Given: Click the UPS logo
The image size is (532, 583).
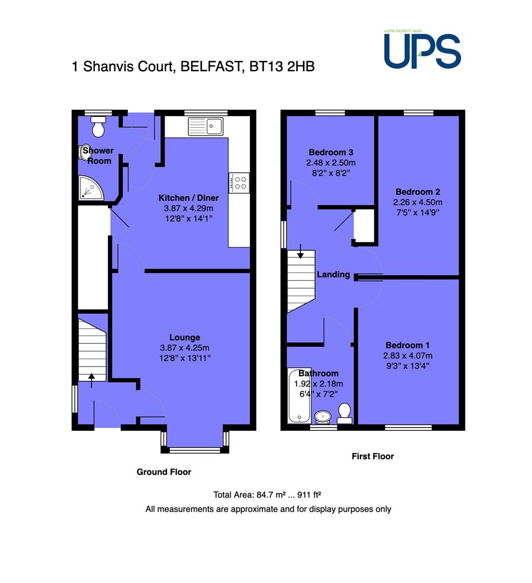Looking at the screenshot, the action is pyautogui.click(x=422, y=50).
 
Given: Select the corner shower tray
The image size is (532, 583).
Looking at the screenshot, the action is pyautogui.click(x=91, y=188).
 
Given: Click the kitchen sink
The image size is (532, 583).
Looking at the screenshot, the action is pyautogui.click(x=206, y=126).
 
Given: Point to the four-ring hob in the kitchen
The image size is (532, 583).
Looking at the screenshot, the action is pyautogui.click(x=238, y=183).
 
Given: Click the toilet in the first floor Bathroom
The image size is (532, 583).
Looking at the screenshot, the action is pyautogui.click(x=344, y=413).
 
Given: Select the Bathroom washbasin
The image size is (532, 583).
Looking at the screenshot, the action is pyautogui.click(x=323, y=417).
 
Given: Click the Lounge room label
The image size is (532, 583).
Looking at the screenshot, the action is pyautogui.click(x=185, y=337).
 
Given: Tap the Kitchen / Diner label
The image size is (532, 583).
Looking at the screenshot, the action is pyautogui.click(x=189, y=198).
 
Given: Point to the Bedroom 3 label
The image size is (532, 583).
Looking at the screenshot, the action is pyautogui.click(x=331, y=152).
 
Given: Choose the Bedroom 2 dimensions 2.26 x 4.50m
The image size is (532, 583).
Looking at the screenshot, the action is pyautogui.click(x=418, y=202).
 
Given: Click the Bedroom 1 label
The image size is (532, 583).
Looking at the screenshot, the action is pyautogui.click(x=407, y=345).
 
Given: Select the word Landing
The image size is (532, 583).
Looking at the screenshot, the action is pyautogui.click(x=333, y=274).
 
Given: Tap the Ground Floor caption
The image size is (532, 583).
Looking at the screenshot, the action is pyautogui.click(x=164, y=472).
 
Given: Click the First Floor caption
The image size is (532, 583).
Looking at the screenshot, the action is pyautogui.click(x=373, y=456).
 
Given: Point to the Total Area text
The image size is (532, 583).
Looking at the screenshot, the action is pyautogui.click(x=267, y=495).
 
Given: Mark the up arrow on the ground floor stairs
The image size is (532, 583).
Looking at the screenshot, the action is pyautogui.click(x=91, y=381).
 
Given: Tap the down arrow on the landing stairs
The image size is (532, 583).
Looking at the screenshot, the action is pyautogui.click(x=300, y=251).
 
